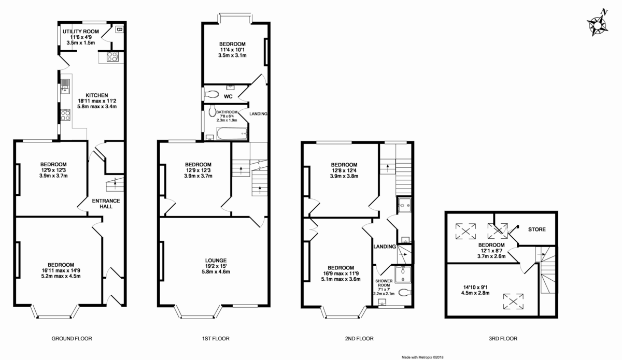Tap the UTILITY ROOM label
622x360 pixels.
pos(80,32)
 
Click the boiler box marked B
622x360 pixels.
pos(119,29)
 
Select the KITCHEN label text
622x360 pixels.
pos(96,95)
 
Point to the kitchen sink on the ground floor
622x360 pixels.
pos(65,87)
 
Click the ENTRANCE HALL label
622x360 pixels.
pos(106,204)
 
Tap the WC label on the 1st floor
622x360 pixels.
pos(228,96)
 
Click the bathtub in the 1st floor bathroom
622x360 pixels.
pos(232,134)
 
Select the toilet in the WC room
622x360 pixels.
pos(211,94)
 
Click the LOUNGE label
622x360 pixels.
pos(216,261)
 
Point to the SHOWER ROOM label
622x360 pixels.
pos(384,283)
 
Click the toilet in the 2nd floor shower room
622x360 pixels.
pos(405,293)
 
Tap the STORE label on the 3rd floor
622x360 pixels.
pos(537,229)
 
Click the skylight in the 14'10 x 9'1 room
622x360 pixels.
pos(513,301)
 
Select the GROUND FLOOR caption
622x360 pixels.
pos(72,339)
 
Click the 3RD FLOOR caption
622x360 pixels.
pos(503,339)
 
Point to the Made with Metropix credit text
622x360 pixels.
pos(422,357)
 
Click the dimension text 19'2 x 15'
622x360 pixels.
pos(216,266)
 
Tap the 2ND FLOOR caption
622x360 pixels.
pos(359,339)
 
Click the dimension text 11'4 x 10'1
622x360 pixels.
pos(232,50)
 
